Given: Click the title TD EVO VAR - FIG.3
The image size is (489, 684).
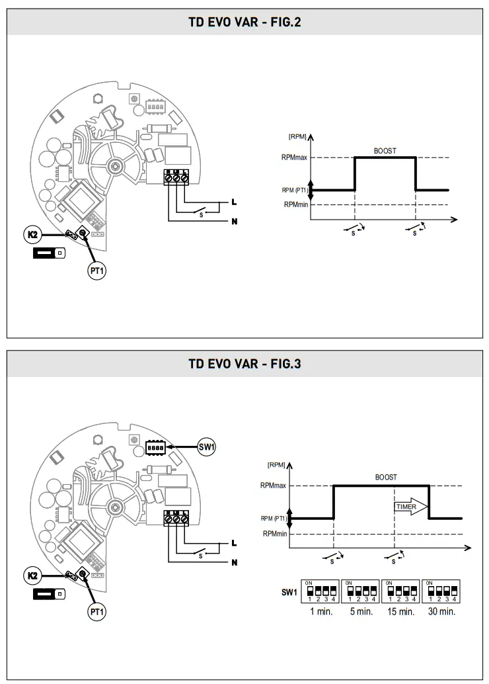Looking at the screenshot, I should click(x=244, y=364).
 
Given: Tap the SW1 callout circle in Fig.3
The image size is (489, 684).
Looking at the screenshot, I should click(x=207, y=447).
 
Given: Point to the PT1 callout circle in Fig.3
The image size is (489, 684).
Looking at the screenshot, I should click(x=97, y=612).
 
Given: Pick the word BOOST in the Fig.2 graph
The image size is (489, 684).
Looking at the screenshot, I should click(x=385, y=151).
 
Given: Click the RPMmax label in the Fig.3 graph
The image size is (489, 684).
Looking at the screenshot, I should click(x=273, y=486).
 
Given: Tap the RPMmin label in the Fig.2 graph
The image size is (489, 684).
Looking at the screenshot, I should click(x=297, y=205).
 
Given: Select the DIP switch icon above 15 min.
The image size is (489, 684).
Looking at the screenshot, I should click(x=400, y=591).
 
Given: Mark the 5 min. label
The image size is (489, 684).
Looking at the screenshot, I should click(x=361, y=612).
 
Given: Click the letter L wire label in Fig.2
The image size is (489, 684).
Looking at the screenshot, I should click(x=234, y=202).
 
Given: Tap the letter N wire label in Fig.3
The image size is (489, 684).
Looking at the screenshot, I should click(x=234, y=563).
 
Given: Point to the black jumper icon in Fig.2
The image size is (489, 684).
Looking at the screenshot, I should click(x=49, y=253).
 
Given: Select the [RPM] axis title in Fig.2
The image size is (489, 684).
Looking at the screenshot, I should click(x=297, y=136).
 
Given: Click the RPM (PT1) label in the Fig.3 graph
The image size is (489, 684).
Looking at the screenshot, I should click(x=274, y=518).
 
